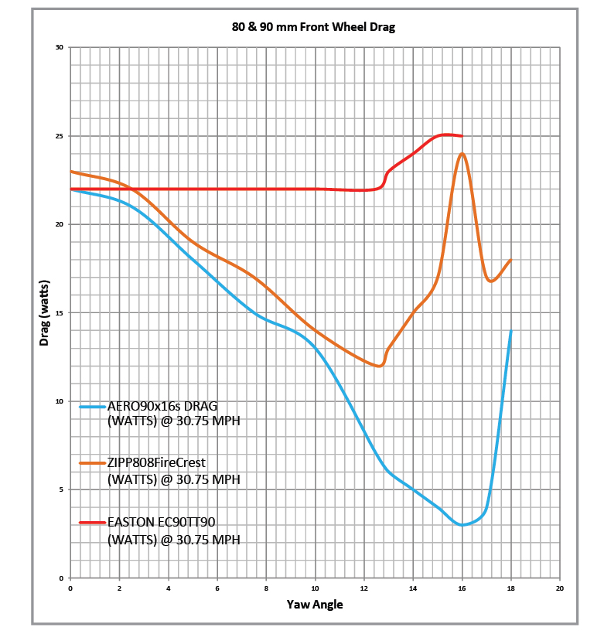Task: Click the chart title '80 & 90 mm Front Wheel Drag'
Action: click(313, 27)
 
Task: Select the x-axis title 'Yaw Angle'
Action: click(315, 604)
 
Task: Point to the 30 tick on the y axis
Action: click(60, 48)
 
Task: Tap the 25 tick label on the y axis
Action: click(60, 136)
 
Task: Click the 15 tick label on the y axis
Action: click(60, 313)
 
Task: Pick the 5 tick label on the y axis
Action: click(61, 489)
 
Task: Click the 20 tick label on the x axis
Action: click(560, 588)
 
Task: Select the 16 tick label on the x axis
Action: click(462, 588)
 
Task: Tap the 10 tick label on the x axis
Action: click(315, 588)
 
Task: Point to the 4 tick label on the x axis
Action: click(168, 588)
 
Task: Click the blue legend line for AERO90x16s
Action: click(92, 405)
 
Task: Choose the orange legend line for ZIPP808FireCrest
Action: click(92, 462)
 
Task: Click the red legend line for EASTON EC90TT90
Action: click(92, 522)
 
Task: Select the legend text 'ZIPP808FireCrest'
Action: click(156, 462)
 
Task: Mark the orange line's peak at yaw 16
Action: click(462, 153)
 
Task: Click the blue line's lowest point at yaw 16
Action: click(462, 525)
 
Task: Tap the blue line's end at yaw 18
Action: click(511, 331)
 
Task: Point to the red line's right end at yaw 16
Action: click(462, 136)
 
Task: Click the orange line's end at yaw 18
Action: click(511, 260)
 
